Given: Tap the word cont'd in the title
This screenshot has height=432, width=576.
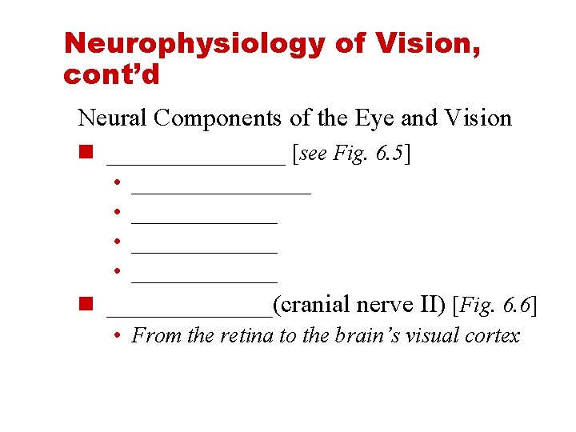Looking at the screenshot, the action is coord(111,75).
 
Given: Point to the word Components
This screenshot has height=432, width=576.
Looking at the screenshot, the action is coord(218,118).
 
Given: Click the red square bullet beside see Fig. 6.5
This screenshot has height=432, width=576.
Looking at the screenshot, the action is coord(86,153).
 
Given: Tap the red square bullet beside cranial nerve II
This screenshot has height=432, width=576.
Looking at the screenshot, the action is coord(86,304).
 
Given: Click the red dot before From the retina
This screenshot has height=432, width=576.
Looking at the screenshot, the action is coord(117,336).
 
